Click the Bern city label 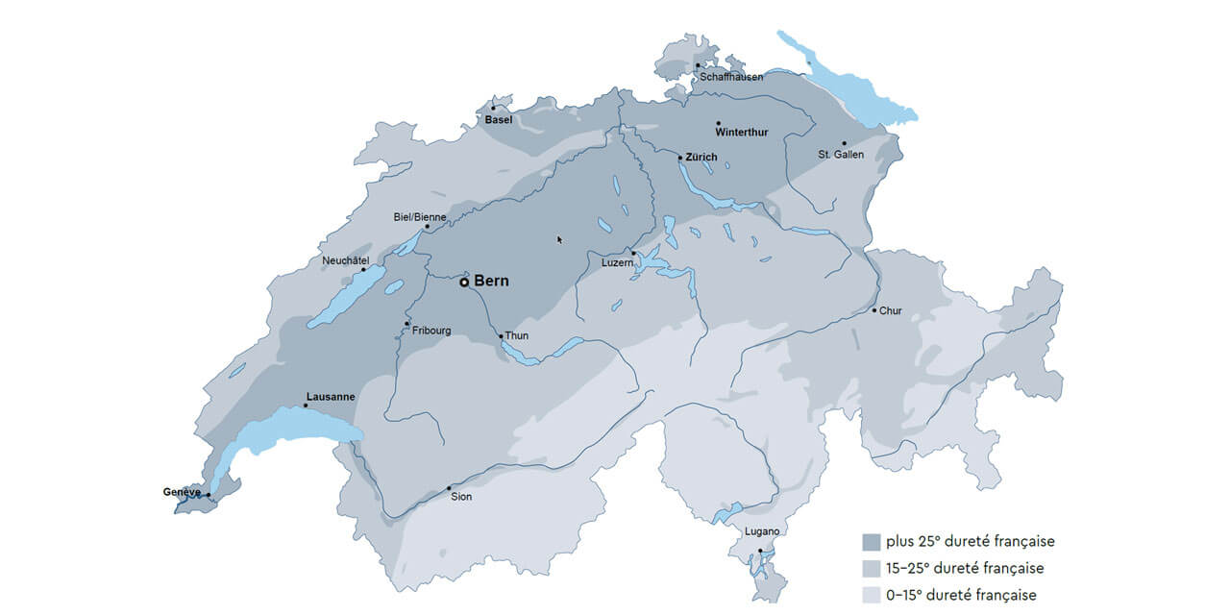[491, 282]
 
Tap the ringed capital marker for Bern [464, 283]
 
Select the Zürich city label [701, 157]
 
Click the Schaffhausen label [731, 77]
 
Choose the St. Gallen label [841, 154]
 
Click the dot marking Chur [873, 309]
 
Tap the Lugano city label [762, 531]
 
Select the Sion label [461, 497]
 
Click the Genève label [182, 492]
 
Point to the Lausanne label [330, 396]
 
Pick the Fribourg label [431, 331]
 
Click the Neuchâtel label [345, 260]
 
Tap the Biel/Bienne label [420, 217]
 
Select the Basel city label [498, 120]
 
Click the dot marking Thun [501, 336]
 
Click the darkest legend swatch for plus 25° [872, 542]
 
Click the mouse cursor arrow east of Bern [559, 239]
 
